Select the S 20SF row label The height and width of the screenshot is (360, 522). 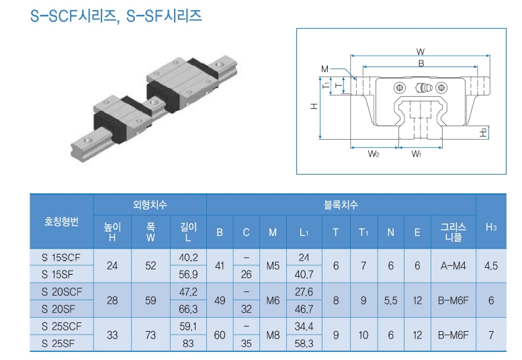point(58,309)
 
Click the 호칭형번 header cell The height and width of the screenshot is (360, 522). point(61,222)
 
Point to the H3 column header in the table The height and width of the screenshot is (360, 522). point(491,227)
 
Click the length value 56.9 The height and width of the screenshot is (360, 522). point(188,274)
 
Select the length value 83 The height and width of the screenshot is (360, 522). point(188,343)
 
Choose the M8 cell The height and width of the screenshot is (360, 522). point(273,334)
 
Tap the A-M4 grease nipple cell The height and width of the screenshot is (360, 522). point(453,266)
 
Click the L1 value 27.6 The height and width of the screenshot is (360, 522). point(304,292)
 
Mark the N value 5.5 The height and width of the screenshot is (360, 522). point(390,300)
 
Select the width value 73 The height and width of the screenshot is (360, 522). point(150,334)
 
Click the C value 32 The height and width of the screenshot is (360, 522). point(246,309)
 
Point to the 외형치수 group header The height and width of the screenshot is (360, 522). point(150,204)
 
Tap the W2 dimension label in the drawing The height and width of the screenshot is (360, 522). point(374,154)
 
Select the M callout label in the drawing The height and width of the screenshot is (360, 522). point(324,69)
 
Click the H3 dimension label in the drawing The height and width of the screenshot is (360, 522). point(484,132)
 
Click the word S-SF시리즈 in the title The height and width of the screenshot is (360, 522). point(164,15)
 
